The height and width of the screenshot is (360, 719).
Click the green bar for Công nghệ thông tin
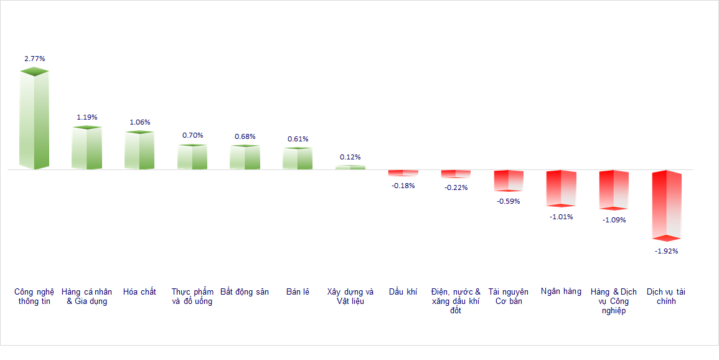click(x=34, y=120)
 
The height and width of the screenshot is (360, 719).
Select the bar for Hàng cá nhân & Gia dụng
click(x=87, y=148)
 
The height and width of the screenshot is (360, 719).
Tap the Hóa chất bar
click(x=139, y=151)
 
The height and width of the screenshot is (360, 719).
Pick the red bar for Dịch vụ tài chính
click(x=667, y=205)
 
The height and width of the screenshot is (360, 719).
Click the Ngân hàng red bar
click(x=561, y=188)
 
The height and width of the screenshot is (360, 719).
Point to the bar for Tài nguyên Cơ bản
click(x=509, y=181)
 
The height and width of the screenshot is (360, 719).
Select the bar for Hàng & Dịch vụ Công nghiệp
click(x=614, y=190)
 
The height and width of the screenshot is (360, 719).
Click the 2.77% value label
click(x=35, y=59)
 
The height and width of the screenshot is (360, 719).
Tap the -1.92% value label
click(x=666, y=251)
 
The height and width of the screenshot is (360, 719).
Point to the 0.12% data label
click(x=350, y=157)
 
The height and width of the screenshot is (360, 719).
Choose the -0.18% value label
click(x=403, y=185)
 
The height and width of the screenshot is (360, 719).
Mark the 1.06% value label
click(x=140, y=122)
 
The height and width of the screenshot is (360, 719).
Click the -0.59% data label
click(x=508, y=201)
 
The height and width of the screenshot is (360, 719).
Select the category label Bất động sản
click(x=245, y=291)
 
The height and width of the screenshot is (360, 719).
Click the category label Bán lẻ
click(x=298, y=291)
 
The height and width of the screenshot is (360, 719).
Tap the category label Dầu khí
click(x=403, y=291)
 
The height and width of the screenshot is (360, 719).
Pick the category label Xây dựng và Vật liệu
click(x=350, y=296)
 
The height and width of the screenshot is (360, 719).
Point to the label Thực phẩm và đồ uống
click(x=192, y=296)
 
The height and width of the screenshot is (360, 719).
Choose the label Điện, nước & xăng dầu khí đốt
click(x=456, y=301)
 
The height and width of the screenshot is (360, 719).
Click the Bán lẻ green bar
click(x=298, y=159)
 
